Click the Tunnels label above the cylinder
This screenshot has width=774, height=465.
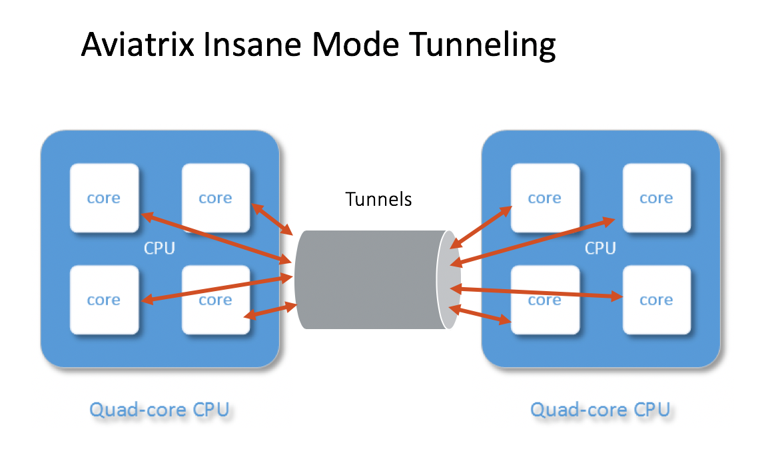[378, 199]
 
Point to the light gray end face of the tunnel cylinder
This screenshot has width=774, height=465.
[448, 280]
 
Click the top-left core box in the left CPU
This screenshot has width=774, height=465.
[104, 198]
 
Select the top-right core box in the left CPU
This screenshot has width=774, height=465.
[215, 198]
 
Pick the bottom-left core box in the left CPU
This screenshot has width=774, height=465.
[104, 300]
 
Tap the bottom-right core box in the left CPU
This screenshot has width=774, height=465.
[215, 300]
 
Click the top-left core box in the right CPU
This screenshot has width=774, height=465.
[544, 198]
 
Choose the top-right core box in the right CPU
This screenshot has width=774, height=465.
[656, 198]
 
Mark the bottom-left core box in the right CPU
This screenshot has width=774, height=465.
[544, 300]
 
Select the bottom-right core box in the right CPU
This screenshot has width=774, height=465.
[656, 300]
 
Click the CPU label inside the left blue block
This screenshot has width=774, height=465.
[160, 248]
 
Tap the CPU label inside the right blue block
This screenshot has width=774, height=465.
[600, 248]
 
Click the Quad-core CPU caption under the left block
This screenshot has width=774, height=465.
[159, 409]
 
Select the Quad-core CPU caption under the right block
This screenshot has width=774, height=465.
[600, 409]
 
